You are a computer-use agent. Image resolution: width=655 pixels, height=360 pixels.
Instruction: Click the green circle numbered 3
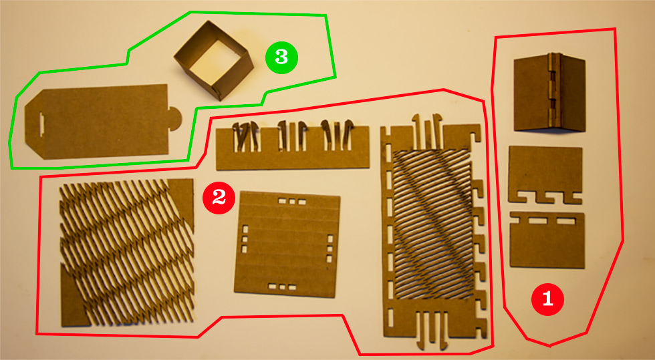point(281,57)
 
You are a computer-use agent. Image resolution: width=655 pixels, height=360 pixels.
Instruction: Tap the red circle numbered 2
point(219,198)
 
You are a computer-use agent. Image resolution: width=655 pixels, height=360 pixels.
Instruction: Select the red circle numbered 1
point(547,299)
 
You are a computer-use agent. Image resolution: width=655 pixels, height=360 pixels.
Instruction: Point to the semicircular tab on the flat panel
point(175,119)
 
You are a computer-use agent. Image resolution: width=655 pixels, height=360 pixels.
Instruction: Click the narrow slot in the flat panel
point(41,124)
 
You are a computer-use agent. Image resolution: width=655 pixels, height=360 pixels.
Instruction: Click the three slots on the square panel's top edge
point(292,202)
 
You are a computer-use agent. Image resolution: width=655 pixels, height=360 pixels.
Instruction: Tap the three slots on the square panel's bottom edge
point(282,287)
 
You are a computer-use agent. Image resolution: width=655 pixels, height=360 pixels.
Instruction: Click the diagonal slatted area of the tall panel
point(434,224)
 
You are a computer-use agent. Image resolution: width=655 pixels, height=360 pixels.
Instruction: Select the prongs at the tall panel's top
point(427,130)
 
